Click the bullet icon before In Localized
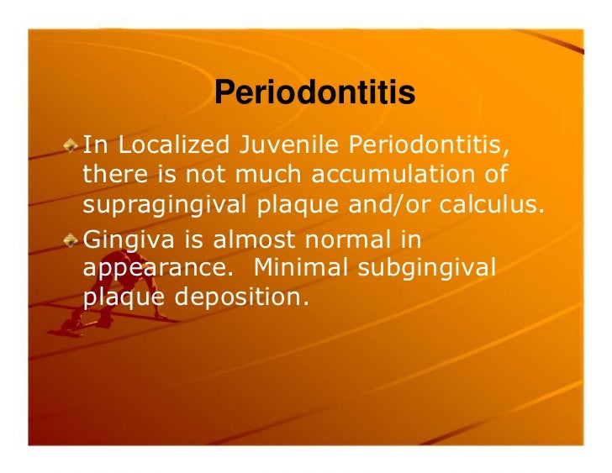[73, 145]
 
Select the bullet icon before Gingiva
[73, 239]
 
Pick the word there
[110, 175]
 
